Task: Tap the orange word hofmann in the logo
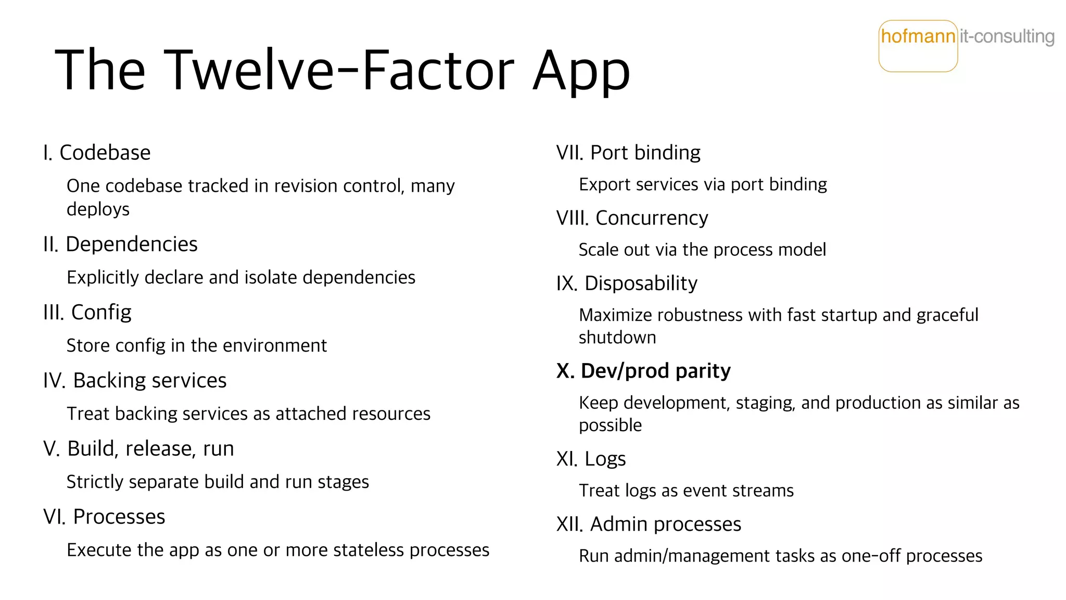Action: (918, 36)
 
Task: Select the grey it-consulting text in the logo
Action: (1007, 36)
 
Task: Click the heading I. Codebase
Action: (97, 153)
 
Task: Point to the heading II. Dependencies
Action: (120, 244)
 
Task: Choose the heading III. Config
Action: (87, 312)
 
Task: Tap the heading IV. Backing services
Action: (135, 380)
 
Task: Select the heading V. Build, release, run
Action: (138, 448)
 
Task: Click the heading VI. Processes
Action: (104, 517)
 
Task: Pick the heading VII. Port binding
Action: (628, 153)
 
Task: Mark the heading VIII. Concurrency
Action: (632, 218)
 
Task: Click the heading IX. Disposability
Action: (627, 283)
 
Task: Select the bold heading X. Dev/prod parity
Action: (643, 371)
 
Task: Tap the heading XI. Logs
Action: (591, 459)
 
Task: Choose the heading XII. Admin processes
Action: (649, 524)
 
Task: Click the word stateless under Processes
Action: (369, 550)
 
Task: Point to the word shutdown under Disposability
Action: (617, 337)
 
